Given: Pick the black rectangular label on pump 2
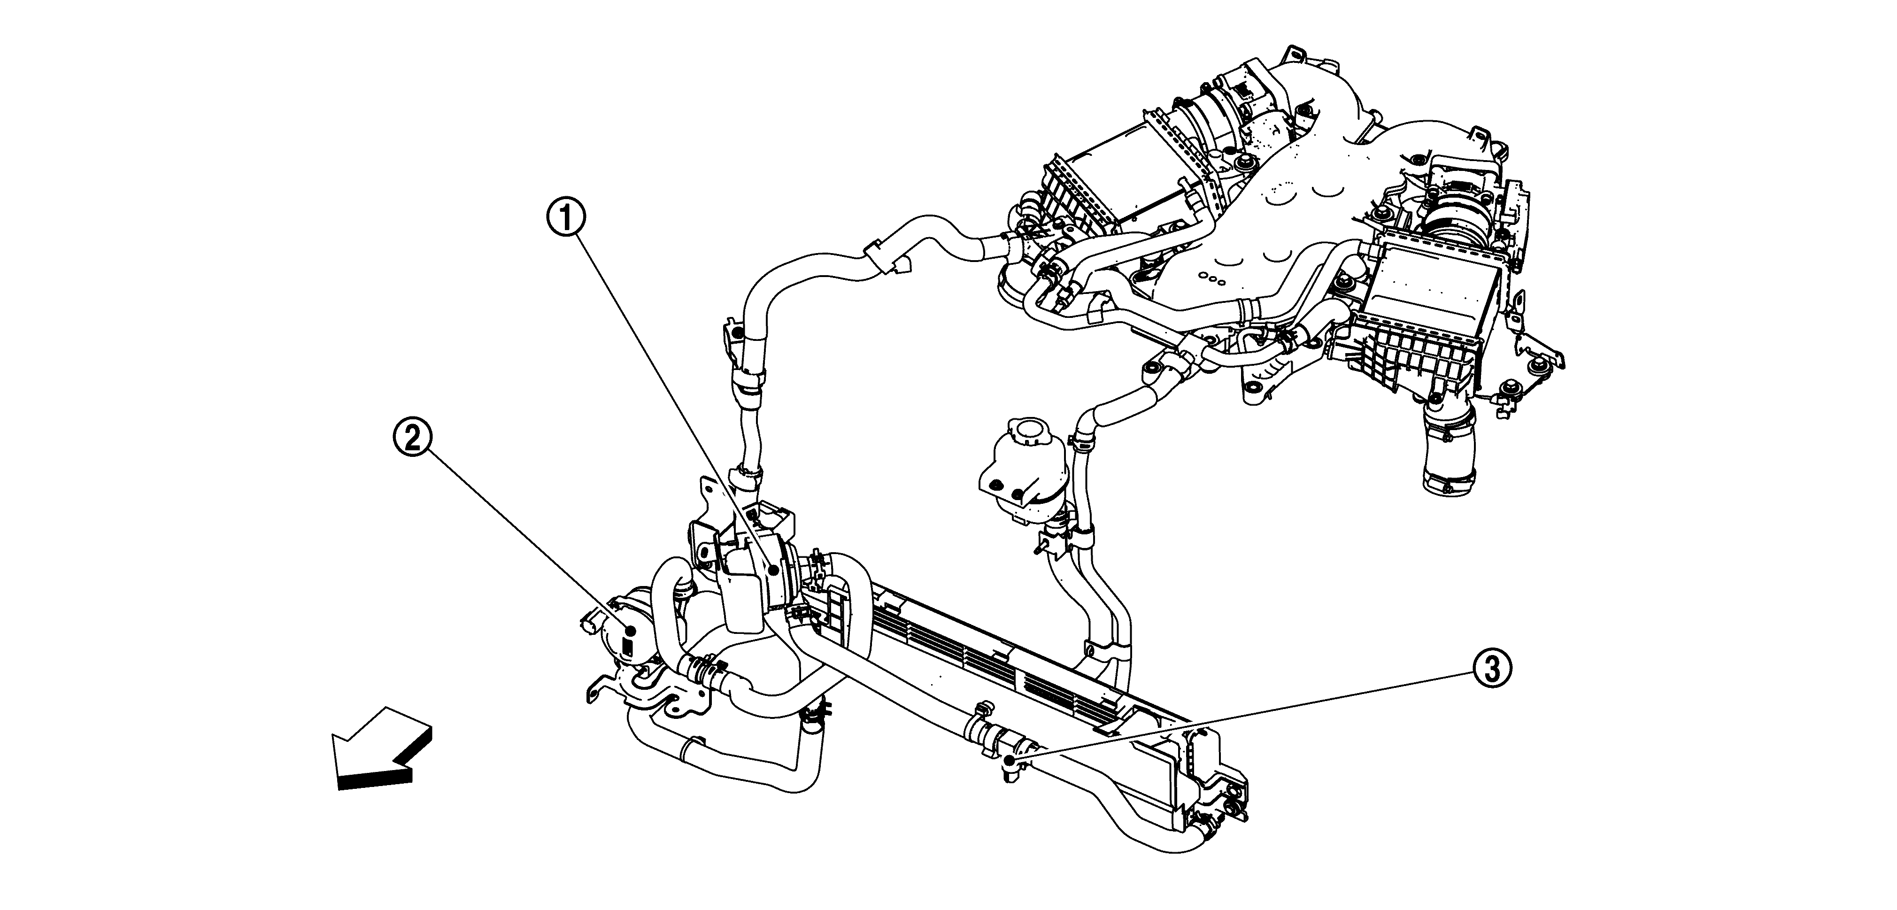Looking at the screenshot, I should click(x=627, y=648).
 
